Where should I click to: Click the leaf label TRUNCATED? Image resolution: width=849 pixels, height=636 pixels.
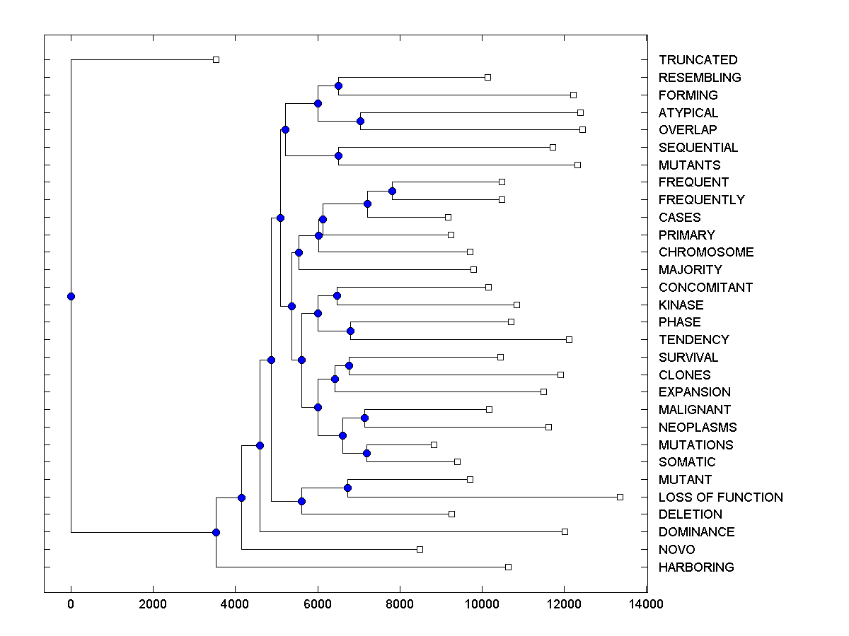[x=698, y=60]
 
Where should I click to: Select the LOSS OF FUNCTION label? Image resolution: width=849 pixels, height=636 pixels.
[x=720, y=497]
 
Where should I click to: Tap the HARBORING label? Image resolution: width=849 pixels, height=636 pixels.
[x=696, y=567]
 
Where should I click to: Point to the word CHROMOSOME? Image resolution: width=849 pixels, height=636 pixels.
[x=706, y=252]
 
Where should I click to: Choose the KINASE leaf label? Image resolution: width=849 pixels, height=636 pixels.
[x=681, y=305]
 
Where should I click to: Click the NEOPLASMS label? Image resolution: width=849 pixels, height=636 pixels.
[x=698, y=428]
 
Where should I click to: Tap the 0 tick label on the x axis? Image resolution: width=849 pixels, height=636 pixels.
[x=71, y=603]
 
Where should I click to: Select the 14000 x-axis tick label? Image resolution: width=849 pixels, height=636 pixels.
[x=647, y=603]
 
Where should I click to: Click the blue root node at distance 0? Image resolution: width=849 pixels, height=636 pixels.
[x=71, y=296]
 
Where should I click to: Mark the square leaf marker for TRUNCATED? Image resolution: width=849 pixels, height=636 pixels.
[x=216, y=60]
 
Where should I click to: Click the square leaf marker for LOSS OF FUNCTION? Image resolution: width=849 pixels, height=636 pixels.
[x=620, y=497]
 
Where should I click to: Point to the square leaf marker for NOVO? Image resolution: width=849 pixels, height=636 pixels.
[x=420, y=549]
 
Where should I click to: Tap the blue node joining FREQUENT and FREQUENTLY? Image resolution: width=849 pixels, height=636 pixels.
[x=392, y=191]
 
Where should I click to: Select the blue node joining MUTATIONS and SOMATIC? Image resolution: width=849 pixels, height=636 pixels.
[x=366, y=453]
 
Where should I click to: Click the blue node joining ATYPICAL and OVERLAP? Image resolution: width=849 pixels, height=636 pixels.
[x=360, y=122]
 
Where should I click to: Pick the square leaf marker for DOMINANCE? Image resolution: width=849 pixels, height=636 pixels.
[x=565, y=531]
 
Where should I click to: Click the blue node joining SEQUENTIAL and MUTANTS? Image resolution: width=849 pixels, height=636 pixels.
[x=338, y=155]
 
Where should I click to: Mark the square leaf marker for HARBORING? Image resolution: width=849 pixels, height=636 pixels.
[x=508, y=567]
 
